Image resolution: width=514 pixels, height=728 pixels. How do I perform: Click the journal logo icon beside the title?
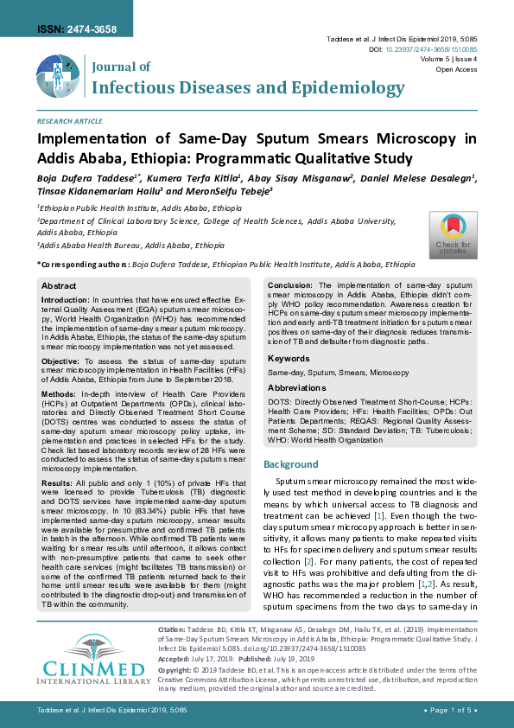tap(59, 77)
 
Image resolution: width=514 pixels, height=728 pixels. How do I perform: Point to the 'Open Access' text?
tap(457, 69)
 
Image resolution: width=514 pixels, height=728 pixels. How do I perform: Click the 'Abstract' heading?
tap(59, 285)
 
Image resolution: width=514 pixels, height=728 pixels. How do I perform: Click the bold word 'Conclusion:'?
tap(290, 284)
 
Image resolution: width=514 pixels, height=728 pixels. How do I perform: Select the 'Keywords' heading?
tap(289, 358)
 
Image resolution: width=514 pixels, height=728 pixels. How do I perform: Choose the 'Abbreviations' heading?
tap(297, 388)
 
